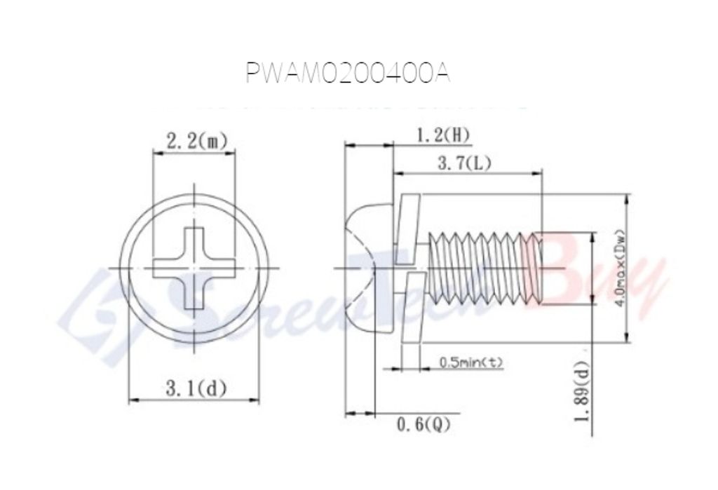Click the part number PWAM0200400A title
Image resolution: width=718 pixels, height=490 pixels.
347,74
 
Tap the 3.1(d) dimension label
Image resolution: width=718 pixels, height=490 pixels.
196,388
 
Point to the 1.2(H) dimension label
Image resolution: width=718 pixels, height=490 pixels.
444,135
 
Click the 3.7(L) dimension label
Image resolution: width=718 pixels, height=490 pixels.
464,163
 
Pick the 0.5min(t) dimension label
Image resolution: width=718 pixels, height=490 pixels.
470,362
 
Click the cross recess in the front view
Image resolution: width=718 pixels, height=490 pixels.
194,268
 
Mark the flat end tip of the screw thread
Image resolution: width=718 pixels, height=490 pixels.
538,268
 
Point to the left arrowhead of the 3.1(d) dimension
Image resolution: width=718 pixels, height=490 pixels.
131,400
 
